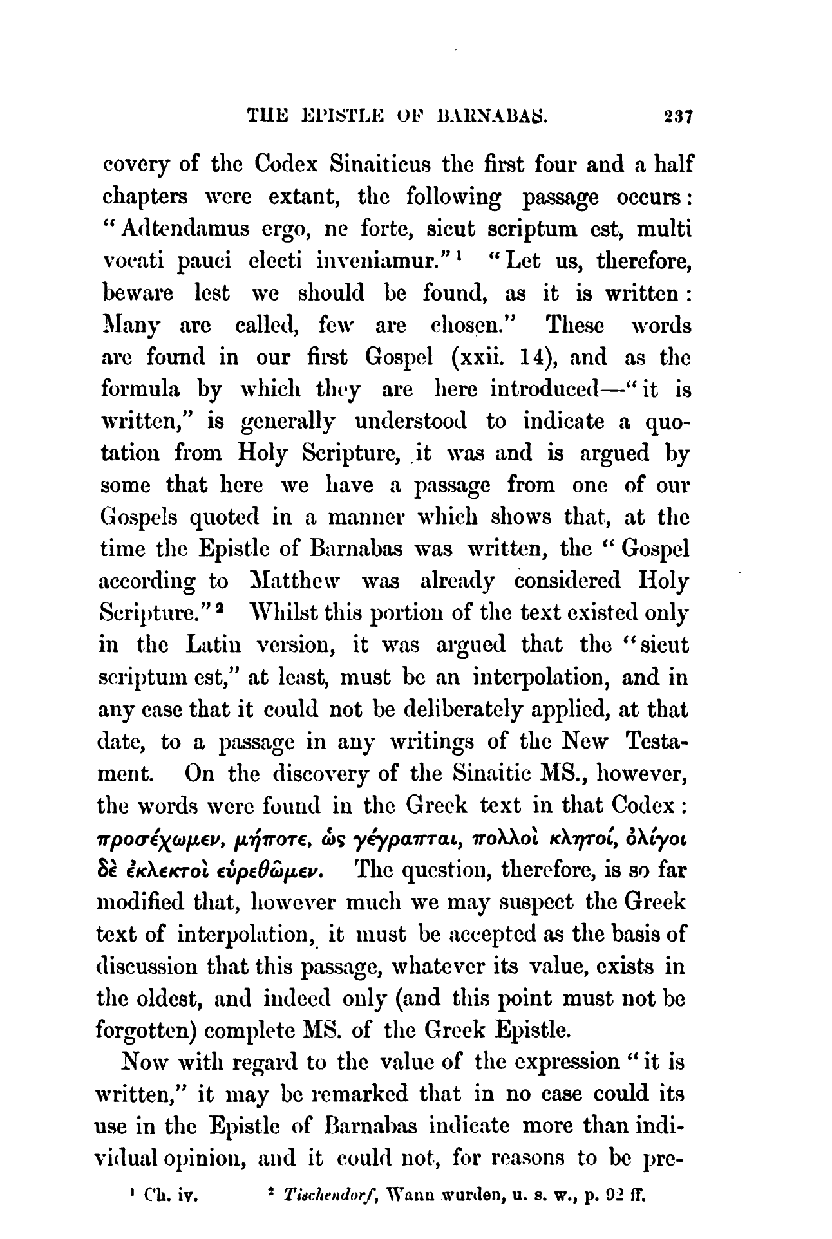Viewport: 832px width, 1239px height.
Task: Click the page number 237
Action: [670, 118]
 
